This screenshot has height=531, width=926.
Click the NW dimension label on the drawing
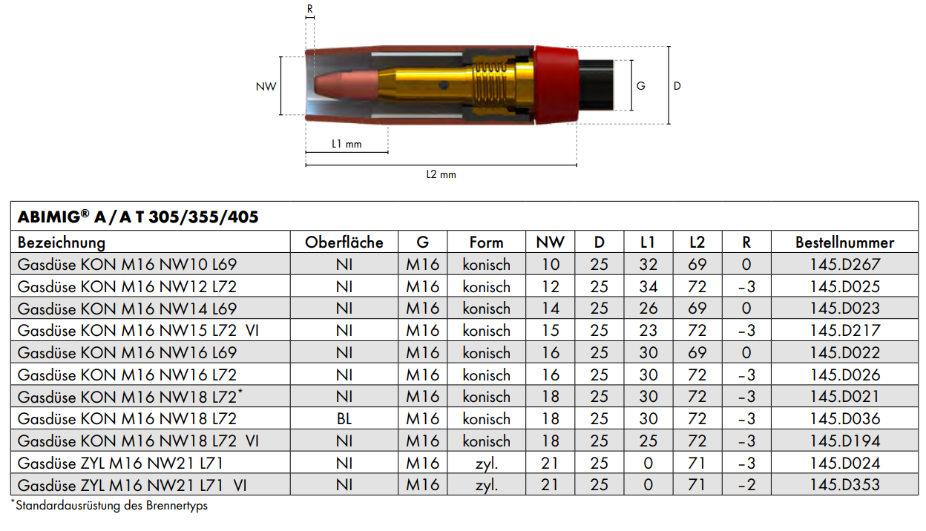pyautogui.click(x=266, y=86)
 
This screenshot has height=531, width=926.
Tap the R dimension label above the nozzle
pyautogui.click(x=310, y=8)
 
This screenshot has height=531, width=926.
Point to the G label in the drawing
pyautogui.click(x=641, y=86)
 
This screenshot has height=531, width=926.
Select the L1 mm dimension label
pyautogui.click(x=347, y=144)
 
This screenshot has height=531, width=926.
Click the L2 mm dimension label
pyautogui.click(x=441, y=174)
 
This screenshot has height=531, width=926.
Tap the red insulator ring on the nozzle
pyautogui.click(x=556, y=85)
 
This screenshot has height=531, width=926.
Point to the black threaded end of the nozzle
pyautogui.click(x=596, y=85)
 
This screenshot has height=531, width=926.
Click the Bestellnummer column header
pyautogui.click(x=844, y=243)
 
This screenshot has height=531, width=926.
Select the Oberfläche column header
pyautogui.click(x=344, y=243)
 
